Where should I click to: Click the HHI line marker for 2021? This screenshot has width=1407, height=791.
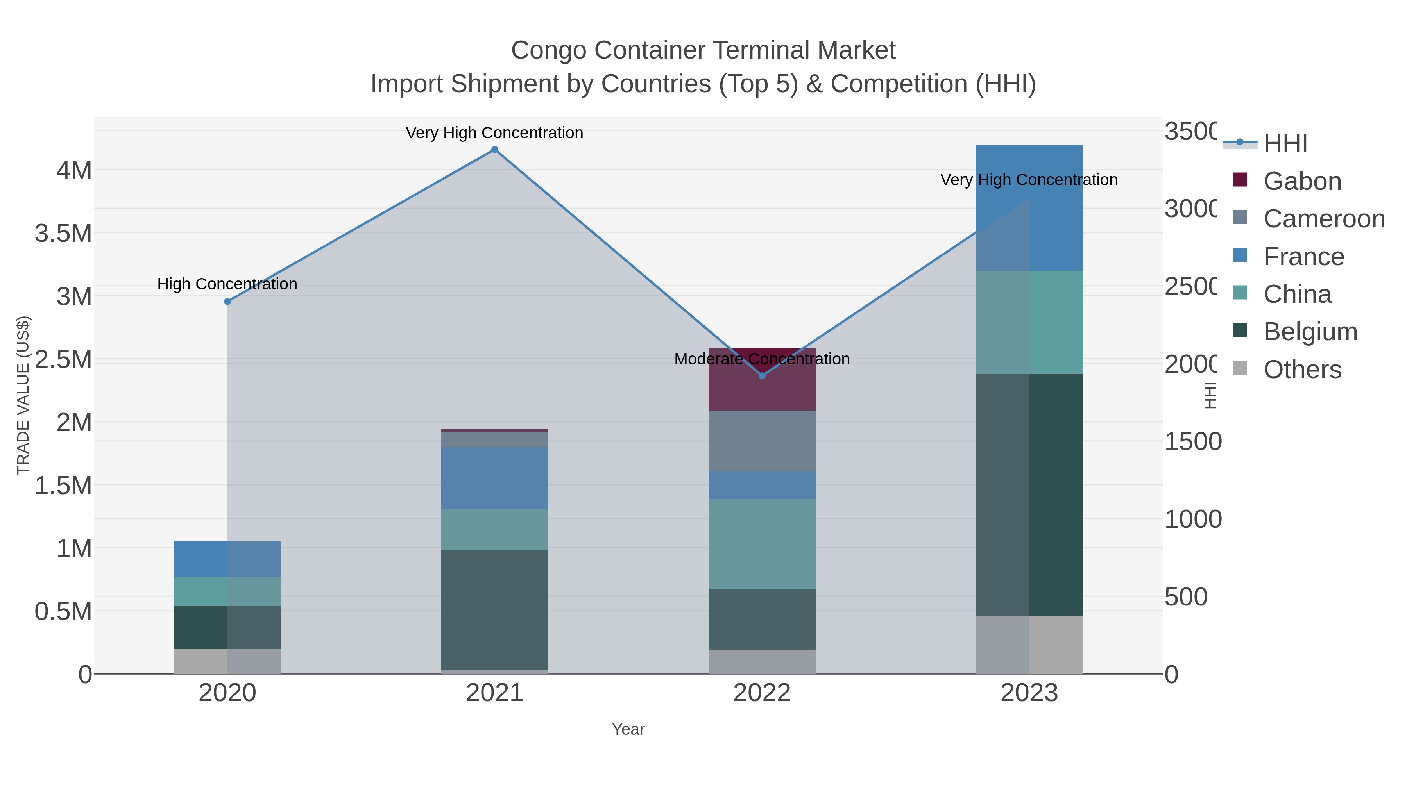point(494,150)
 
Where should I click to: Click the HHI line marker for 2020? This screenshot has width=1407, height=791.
point(228,301)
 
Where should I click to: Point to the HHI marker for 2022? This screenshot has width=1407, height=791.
point(762,375)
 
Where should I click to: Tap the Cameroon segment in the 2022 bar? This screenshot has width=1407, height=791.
point(762,441)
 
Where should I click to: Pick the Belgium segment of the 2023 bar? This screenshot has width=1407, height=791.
point(1029,494)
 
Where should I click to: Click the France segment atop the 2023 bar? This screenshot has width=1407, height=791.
point(1029,218)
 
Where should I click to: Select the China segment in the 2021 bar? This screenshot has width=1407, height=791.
point(494,530)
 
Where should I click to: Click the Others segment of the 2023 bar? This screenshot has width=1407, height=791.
point(1029,644)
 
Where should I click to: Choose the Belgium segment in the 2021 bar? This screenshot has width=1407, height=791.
point(494,610)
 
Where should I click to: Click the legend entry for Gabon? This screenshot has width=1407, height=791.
point(1302,181)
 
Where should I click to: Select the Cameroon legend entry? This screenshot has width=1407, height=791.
point(1324,219)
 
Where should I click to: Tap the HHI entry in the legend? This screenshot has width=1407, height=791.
point(1285,144)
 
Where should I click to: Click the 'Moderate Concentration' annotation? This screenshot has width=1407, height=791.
point(762,359)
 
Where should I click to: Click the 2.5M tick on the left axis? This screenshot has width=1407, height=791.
point(63,360)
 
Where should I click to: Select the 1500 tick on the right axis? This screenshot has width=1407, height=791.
point(1193,442)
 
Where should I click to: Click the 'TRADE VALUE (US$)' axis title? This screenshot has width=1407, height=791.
point(23,395)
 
